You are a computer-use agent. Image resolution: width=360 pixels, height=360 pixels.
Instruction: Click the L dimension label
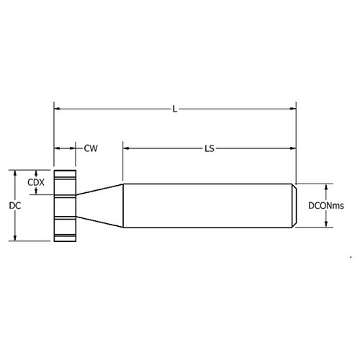click(175, 109)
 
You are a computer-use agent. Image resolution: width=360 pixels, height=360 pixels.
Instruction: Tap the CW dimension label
click(91, 148)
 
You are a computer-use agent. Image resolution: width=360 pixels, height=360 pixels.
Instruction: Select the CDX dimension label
click(36, 183)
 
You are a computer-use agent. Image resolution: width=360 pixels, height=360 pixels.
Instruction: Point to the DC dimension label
click(14, 206)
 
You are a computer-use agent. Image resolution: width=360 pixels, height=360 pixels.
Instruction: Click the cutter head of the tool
click(65, 206)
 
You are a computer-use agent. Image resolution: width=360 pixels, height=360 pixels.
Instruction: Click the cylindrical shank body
click(209, 206)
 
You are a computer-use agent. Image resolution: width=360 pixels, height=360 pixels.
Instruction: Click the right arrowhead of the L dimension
click(294, 109)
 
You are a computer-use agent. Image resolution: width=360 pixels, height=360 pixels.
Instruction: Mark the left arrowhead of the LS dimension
click(126, 148)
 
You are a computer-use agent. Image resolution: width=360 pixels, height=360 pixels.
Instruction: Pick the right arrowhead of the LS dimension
click(294, 148)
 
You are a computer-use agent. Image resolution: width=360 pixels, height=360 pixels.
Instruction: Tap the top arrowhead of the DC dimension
click(15, 173)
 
